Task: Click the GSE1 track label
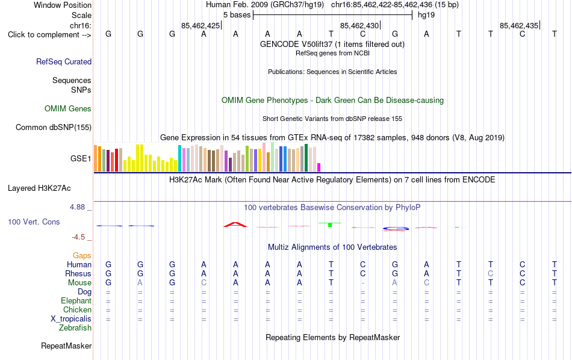click(x=81, y=158)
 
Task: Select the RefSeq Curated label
click(x=64, y=61)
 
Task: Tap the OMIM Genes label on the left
click(x=68, y=109)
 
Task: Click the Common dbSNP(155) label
click(x=54, y=127)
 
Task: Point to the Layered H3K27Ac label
click(x=39, y=188)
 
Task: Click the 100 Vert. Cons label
click(x=34, y=222)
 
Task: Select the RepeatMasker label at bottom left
click(x=66, y=346)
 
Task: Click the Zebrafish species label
click(x=75, y=327)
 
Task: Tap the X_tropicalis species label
click(x=71, y=319)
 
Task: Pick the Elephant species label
click(x=76, y=300)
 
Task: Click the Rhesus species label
click(x=78, y=273)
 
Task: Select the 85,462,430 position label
click(x=359, y=25)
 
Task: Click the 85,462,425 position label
click(x=201, y=25)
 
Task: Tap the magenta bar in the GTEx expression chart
click(x=319, y=167)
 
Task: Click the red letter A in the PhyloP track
click(x=235, y=225)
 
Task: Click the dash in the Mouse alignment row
click(x=362, y=283)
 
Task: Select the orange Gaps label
click(x=82, y=255)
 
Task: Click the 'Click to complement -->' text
click(x=49, y=35)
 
